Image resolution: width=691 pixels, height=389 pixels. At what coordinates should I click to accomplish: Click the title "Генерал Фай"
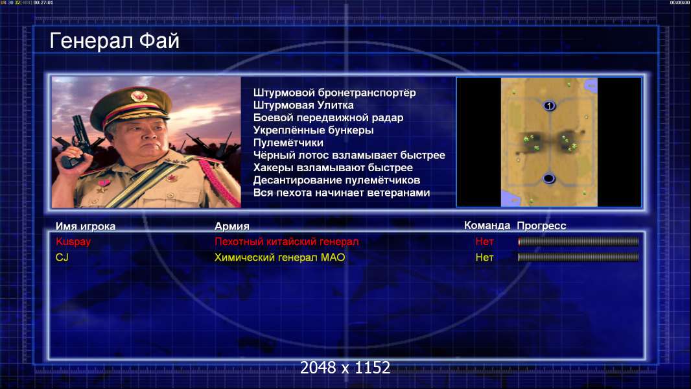(115, 41)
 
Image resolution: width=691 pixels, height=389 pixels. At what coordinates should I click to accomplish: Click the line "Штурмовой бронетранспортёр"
(334, 93)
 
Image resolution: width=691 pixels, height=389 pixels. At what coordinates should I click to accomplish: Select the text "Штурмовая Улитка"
(303, 105)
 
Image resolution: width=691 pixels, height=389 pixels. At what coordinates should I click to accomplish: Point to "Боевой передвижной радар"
(328, 118)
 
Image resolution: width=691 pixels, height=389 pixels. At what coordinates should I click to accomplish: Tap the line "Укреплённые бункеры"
(313, 130)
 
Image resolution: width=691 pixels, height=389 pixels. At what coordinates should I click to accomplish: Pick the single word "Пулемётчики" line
(288, 143)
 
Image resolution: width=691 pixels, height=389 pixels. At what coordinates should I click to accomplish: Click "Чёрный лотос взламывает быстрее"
(349, 156)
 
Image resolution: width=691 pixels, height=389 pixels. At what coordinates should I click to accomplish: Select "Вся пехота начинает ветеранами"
(342, 193)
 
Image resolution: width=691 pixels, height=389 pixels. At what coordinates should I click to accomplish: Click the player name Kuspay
(73, 242)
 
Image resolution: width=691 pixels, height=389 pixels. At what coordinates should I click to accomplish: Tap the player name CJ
(62, 257)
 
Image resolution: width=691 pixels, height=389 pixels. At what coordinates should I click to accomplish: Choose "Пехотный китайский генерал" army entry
(287, 241)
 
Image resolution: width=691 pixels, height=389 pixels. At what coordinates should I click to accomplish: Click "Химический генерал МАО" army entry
(280, 257)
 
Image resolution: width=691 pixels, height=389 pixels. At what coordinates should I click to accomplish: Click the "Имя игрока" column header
(86, 226)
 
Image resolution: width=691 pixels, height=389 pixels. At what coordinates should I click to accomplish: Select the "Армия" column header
(232, 226)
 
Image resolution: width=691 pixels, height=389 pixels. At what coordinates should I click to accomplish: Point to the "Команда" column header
(487, 226)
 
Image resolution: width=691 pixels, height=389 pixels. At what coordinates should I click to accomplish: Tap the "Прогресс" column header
(541, 226)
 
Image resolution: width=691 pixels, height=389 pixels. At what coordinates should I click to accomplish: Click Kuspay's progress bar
(578, 241)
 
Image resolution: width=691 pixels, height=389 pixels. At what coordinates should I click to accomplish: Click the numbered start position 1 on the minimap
(549, 106)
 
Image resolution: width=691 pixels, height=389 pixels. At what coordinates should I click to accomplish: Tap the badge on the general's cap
(138, 95)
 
